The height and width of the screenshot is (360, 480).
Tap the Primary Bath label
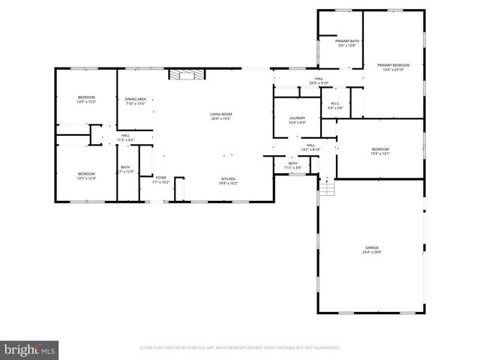pos(346,43)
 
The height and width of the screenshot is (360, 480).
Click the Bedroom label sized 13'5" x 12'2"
pos(87,100)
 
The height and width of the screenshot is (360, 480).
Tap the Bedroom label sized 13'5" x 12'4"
pos(87,175)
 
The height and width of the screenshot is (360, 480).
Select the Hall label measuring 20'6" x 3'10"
pos(319,81)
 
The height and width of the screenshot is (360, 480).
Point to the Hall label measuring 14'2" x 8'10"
pos(310,147)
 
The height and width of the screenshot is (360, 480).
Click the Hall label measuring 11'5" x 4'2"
pos(125,138)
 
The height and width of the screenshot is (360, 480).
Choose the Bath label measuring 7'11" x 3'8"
pos(292,165)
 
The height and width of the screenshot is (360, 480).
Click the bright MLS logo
pos(30,349)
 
